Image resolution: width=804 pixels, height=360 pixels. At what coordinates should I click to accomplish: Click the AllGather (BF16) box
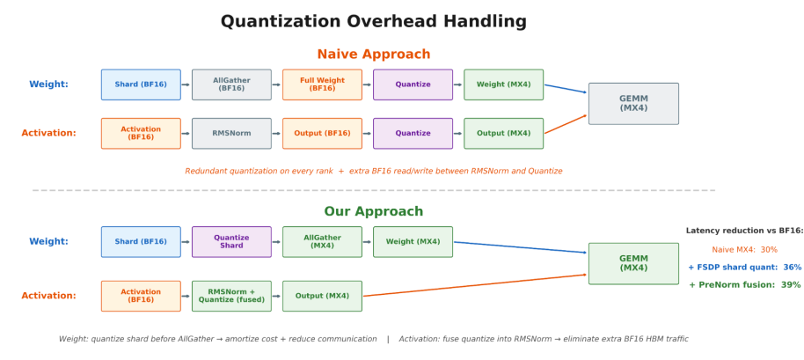(231, 84)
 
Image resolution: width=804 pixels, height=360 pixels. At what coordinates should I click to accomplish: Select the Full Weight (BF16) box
(322, 84)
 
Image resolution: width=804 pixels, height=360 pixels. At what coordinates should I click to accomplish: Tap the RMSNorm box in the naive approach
(231, 133)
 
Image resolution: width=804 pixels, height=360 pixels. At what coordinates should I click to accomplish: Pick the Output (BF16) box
(322, 133)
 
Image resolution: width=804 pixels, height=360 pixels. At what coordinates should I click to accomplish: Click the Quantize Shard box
(231, 241)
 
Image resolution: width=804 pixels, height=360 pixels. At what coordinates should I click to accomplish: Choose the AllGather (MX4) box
(322, 241)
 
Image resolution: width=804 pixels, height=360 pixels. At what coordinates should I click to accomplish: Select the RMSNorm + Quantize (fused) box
(231, 296)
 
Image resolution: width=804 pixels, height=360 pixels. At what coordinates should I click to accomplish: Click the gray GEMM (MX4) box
(633, 104)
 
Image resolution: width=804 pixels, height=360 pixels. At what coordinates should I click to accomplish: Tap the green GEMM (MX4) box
(633, 263)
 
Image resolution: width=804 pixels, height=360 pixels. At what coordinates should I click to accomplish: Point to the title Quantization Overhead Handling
(373, 21)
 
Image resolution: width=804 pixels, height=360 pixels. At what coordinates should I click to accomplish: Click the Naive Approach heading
(373, 55)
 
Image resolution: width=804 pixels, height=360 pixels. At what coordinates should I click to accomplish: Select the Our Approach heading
(373, 211)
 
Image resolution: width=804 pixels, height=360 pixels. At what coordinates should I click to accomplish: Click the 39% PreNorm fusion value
(791, 284)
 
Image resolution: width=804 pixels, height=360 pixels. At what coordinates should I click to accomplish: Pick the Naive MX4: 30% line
(744, 250)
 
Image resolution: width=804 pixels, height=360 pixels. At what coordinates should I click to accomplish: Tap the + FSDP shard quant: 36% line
(744, 268)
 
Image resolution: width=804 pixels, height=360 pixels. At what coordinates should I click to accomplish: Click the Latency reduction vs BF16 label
(744, 231)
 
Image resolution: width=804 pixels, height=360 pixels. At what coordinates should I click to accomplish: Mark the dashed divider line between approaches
(373, 190)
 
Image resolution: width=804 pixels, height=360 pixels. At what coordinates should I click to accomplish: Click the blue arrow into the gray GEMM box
(566, 89)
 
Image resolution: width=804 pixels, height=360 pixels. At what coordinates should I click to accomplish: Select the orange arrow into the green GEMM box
(475, 285)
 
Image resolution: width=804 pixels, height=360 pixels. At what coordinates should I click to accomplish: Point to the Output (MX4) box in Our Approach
(322, 296)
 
